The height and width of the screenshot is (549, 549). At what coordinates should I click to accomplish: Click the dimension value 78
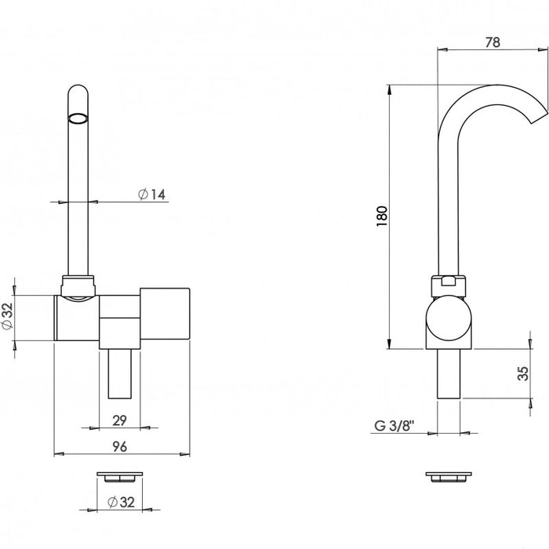[493, 42]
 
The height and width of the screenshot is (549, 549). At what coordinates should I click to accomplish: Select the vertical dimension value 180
[382, 216]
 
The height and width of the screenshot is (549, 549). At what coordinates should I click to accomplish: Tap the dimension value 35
[523, 373]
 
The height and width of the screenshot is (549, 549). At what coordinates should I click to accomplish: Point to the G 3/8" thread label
[394, 426]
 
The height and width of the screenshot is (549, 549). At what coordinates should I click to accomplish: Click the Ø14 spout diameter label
[151, 194]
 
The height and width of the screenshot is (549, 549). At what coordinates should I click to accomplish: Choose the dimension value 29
[119, 420]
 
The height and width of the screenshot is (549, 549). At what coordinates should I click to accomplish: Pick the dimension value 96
[119, 446]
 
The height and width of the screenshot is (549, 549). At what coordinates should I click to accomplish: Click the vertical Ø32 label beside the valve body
[7, 316]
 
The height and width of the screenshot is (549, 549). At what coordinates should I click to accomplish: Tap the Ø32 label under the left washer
[121, 502]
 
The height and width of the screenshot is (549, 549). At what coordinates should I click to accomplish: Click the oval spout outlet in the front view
[78, 118]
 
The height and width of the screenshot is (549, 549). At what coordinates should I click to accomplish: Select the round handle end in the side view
[449, 318]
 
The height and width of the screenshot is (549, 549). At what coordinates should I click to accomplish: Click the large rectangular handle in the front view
[165, 314]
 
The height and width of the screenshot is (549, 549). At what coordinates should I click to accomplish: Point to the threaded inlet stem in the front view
[120, 374]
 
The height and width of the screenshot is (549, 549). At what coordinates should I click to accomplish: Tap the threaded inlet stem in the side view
[449, 374]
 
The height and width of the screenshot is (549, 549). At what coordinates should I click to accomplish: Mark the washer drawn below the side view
[449, 477]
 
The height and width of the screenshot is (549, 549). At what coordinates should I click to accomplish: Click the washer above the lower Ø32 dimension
[120, 477]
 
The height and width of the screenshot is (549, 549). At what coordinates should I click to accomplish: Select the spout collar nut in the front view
[78, 285]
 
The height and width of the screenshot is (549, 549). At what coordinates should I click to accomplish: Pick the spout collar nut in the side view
[449, 286]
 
